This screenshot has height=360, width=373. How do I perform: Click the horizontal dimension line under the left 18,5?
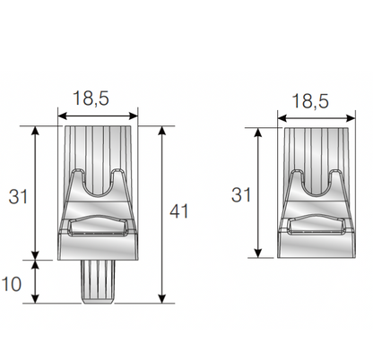[x=97, y=114]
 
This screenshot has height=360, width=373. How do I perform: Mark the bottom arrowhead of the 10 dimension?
[x=37, y=300]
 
